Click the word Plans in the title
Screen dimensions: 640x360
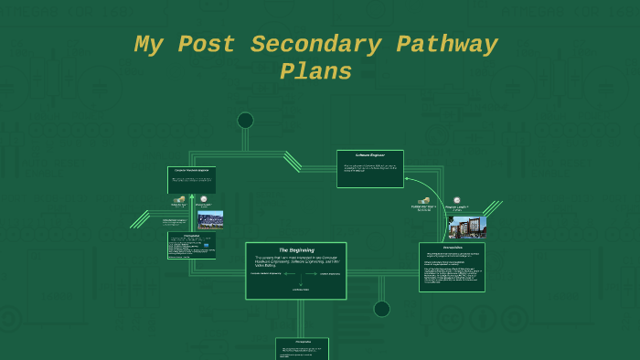coord(316,72)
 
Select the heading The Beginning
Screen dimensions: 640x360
coord(296,249)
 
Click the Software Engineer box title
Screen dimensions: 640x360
coord(369,155)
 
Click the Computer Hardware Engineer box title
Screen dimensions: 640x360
coord(191,171)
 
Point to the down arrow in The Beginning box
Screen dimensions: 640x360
coord(300,283)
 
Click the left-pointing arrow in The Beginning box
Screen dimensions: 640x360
coord(284,273)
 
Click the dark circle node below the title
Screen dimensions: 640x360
coord(245,120)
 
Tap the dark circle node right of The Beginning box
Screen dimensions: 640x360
coord(382,309)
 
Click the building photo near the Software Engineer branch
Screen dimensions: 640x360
coord(466,226)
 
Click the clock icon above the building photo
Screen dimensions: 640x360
coord(455,199)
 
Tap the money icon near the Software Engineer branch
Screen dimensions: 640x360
coord(424,200)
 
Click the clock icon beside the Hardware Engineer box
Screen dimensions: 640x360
coord(203,199)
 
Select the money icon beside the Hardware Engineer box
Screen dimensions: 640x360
coord(180,199)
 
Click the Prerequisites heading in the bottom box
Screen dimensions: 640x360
coord(302,342)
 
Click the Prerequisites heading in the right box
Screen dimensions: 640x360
coord(452,248)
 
